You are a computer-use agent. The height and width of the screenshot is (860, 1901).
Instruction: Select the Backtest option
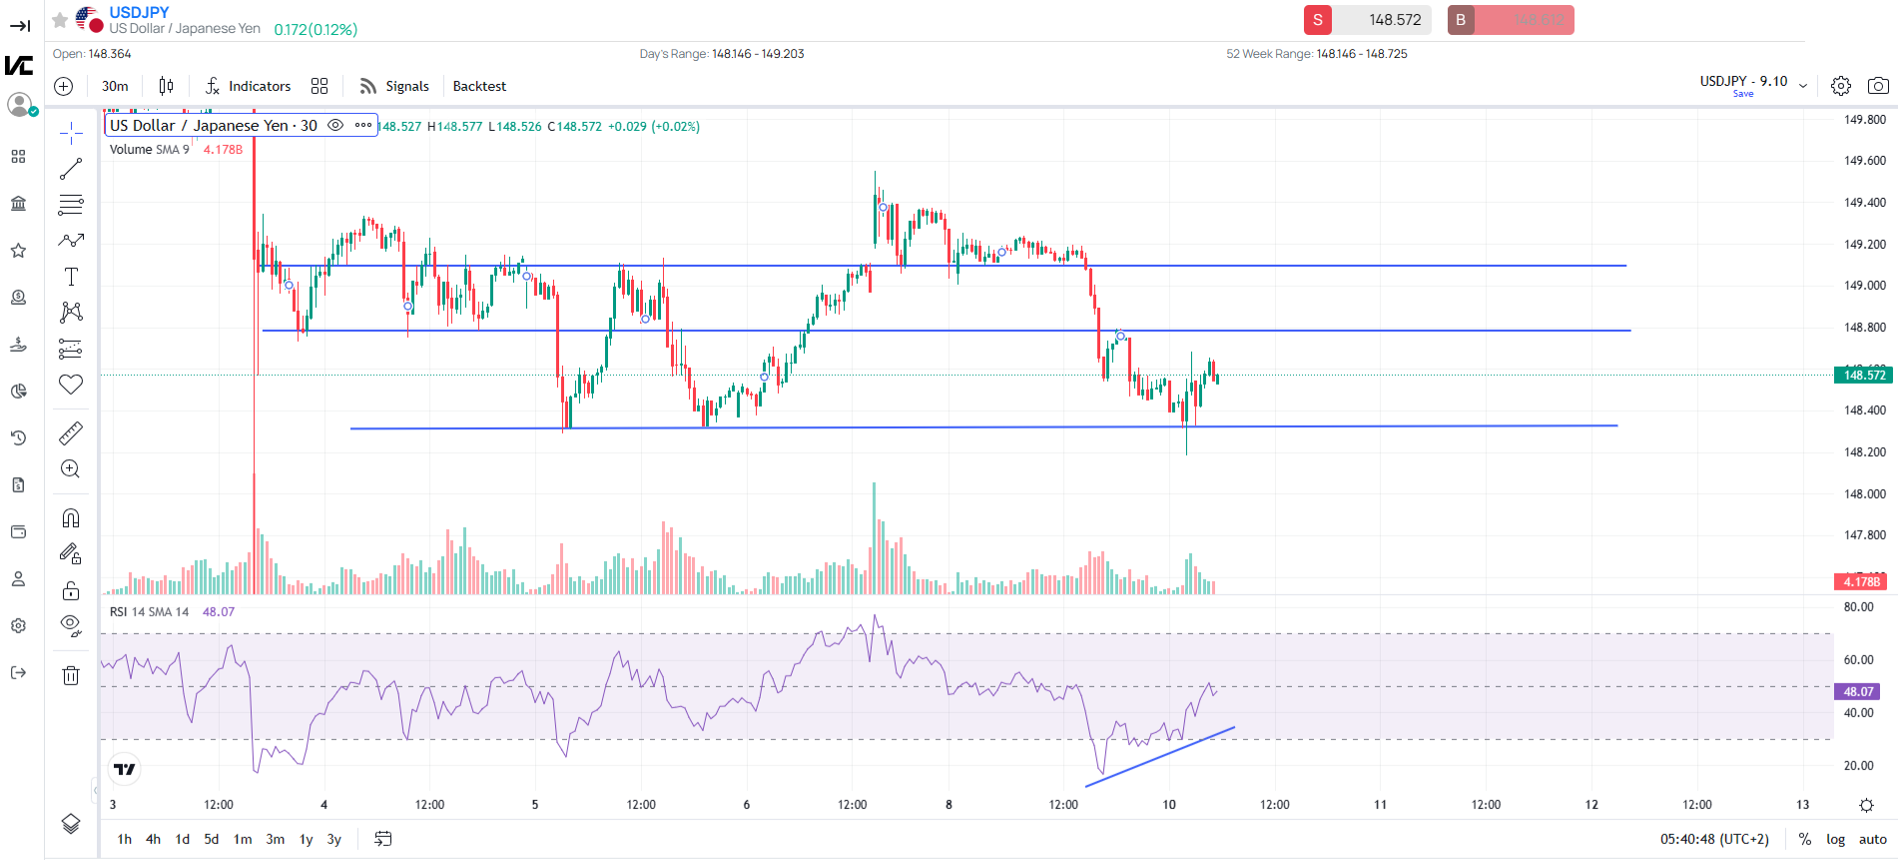coord(479,86)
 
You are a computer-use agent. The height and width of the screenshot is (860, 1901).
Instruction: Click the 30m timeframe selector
coord(115,86)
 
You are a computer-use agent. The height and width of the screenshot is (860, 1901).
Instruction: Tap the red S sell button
coord(1318,20)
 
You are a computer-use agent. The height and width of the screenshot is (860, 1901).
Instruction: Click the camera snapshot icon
coord(1878,86)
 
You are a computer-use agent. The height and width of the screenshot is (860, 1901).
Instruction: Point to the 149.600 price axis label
coord(1864,161)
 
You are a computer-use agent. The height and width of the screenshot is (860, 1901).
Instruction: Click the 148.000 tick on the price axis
coord(1864,493)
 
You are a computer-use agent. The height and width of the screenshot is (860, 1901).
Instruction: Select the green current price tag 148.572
coord(1863,376)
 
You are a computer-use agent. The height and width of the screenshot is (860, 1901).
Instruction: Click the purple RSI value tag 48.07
coord(1857,691)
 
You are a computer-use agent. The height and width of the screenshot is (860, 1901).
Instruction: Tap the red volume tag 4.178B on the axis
coord(1860,581)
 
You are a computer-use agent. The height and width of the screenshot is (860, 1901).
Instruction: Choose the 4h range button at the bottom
coord(153,839)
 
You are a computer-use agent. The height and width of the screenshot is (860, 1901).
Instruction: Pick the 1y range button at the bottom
coord(307,839)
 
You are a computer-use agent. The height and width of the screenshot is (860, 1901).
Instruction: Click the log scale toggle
coord(1835,839)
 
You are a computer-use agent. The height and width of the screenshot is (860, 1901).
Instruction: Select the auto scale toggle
coord(1872,839)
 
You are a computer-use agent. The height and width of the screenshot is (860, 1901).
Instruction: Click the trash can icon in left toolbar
coord(71,675)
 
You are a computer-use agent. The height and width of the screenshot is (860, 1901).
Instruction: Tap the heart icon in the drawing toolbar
coord(71,385)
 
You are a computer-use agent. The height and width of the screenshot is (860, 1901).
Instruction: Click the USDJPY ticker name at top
coord(139,12)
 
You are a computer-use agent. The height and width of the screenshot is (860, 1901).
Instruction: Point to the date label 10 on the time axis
coord(1169,804)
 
